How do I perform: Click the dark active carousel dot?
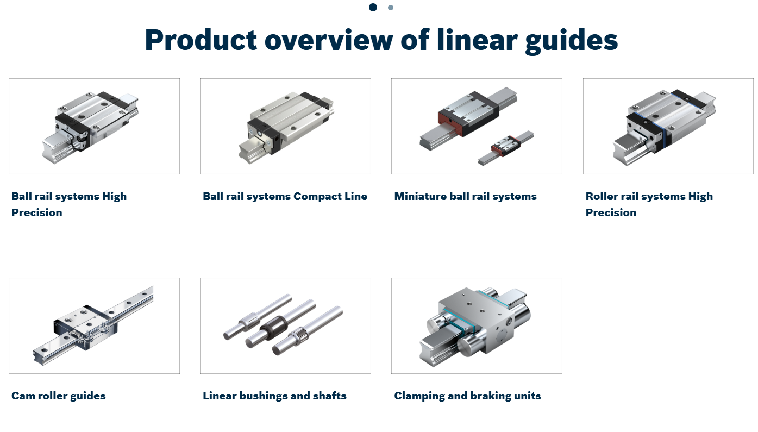[x=373, y=7]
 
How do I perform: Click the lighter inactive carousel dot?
[x=391, y=8]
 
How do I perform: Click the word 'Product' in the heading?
[x=201, y=40]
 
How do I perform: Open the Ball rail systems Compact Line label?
[x=285, y=196]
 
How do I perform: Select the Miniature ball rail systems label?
[x=465, y=196]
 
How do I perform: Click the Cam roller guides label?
[x=58, y=396]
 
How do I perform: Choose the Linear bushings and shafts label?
[x=274, y=396]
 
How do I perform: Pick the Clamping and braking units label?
[x=467, y=396]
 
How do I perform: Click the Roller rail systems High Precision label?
[x=649, y=204]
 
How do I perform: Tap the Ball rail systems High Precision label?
[x=68, y=204]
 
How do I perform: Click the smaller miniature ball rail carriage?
[x=505, y=145]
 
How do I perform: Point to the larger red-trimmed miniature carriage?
[x=468, y=113]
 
